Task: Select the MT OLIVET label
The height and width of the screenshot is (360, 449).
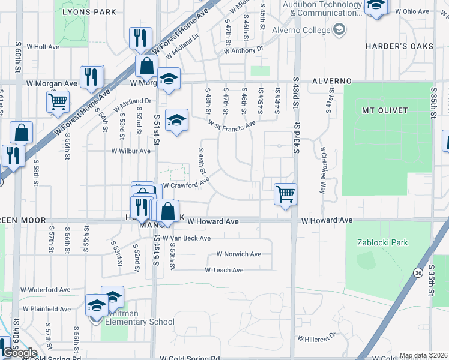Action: click(385, 110)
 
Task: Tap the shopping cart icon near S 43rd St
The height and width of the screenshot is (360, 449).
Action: click(285, 194)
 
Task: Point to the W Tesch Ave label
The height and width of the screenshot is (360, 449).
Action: click(224, 270)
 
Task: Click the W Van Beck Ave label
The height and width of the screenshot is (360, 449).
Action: click(187, 238)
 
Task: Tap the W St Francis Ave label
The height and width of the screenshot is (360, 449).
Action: click(232, 124)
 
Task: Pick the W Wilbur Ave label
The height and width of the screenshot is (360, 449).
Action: click(131, 151)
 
